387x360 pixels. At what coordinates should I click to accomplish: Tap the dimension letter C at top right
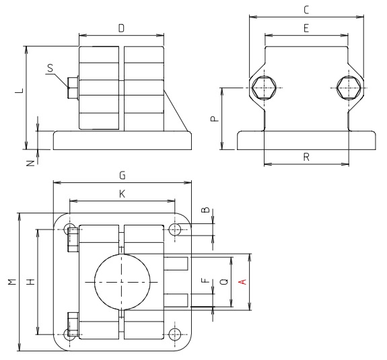pos(306,9)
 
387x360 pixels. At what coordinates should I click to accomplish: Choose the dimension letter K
pos(122,194)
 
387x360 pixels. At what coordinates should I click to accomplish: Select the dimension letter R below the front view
pos(306,157)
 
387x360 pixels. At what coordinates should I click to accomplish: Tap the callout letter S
pos(50,67)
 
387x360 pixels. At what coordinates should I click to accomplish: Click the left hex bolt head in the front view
pos(261,87)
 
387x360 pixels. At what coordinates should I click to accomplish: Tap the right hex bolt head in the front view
pos(348,87)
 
